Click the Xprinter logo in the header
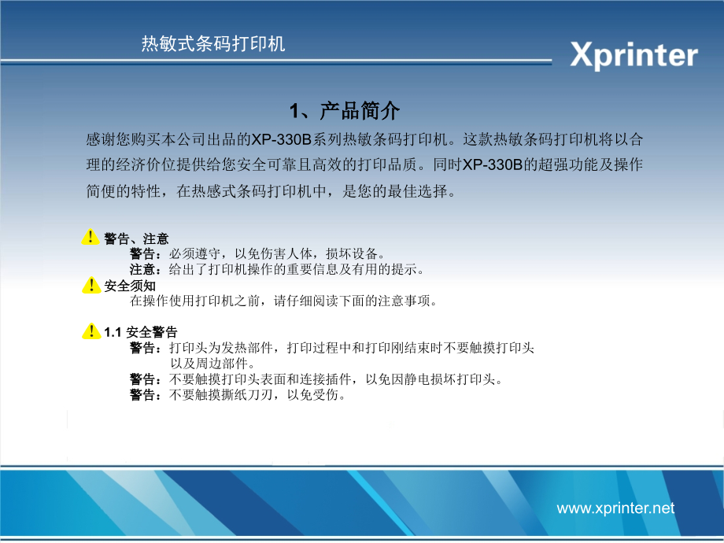[633, 56]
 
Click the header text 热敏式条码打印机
[213, 44]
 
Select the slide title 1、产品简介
[345, 110]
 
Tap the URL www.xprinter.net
[615, 508]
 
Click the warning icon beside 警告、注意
[90, 238]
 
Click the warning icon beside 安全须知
[90, 286]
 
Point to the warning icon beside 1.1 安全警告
[90, 332]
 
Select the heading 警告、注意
[136, 238]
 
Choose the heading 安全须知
[130, 286]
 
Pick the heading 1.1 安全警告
[141, 332]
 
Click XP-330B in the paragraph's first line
[281, 139]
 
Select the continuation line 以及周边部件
[212, 364]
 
